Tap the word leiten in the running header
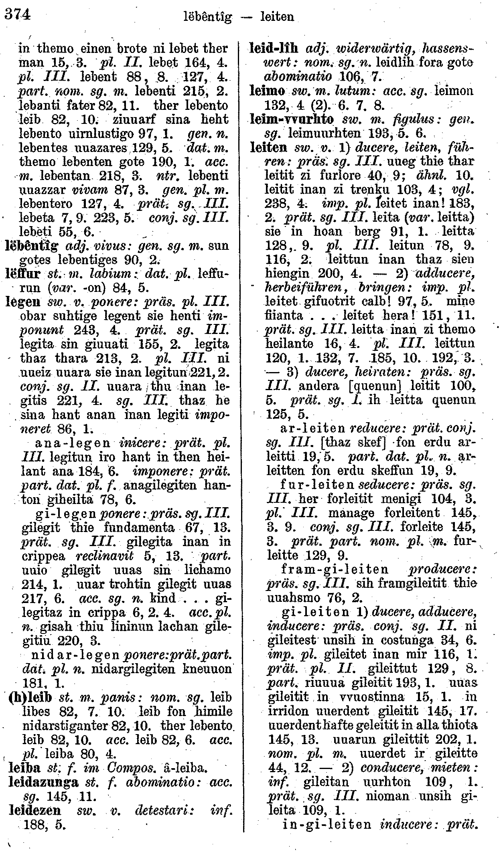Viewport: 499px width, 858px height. [x=277, y=17]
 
